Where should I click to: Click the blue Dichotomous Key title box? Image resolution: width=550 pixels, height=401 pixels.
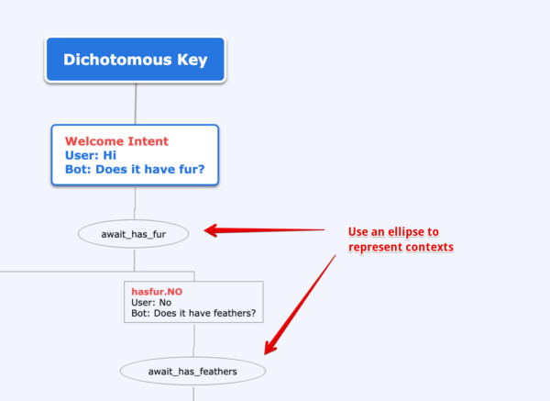pyautogui.click(x=136, y=60)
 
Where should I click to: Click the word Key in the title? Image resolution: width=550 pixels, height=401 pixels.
pyautogui.click(x=192, y=60)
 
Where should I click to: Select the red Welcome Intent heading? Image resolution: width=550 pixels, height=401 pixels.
pyautogui.click(x=116, y=141)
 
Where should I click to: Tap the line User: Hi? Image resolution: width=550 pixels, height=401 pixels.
pyautogui.click(x=91, y=155)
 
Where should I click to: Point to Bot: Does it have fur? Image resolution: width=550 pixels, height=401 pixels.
pyautogui.click(x=135, y=169)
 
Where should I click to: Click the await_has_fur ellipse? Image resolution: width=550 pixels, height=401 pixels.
pyautogui.click(x=133, y=234)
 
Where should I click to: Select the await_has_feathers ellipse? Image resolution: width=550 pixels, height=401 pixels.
pyautogui.click(x=192, y=371)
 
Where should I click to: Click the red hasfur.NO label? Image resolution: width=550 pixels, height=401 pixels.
pyautogui.click(x=157, y=292)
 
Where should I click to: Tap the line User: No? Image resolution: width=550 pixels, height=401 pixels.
pyautogui.click(x=151, y=302)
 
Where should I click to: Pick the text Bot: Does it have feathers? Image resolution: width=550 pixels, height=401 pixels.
pyautogui.click(x=193, y=313)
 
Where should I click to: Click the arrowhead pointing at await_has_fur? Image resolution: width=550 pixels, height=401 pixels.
pyautogui.click(x=211, y=230)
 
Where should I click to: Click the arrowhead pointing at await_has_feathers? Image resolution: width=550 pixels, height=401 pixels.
pyautogui.click(x=270, y=347)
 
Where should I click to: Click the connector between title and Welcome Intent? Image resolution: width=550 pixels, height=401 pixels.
pyautogui.click(x=136, y=104)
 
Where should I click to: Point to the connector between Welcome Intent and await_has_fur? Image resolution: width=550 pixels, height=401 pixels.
pyautogui.click(x=135, y=203)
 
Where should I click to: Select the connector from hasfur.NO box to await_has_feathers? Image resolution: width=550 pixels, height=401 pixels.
pyautogui.click(x=193, y=340)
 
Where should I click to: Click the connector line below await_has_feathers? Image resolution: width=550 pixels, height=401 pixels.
pyautogui.click(x=193, y=393)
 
